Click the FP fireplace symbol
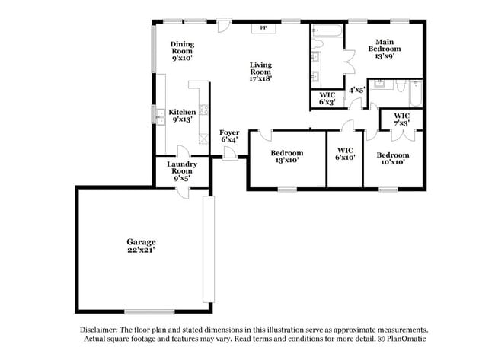264,28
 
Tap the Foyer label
229,132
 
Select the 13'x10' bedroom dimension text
287,160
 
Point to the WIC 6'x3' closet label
327,97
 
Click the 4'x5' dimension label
356,89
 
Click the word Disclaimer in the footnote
101,329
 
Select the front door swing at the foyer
229,152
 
